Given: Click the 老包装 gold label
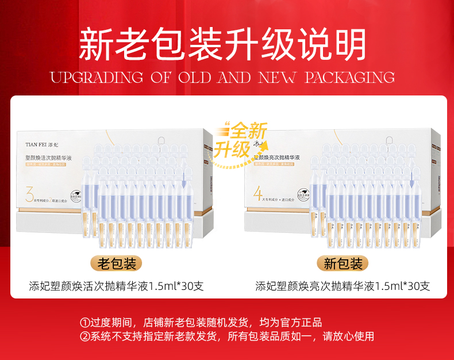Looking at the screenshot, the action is pos(116,264).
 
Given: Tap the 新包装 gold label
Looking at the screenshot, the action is pos(343,264).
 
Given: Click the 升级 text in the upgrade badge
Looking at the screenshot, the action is pos(233,149).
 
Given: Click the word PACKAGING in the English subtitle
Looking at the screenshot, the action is pos(349,78).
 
